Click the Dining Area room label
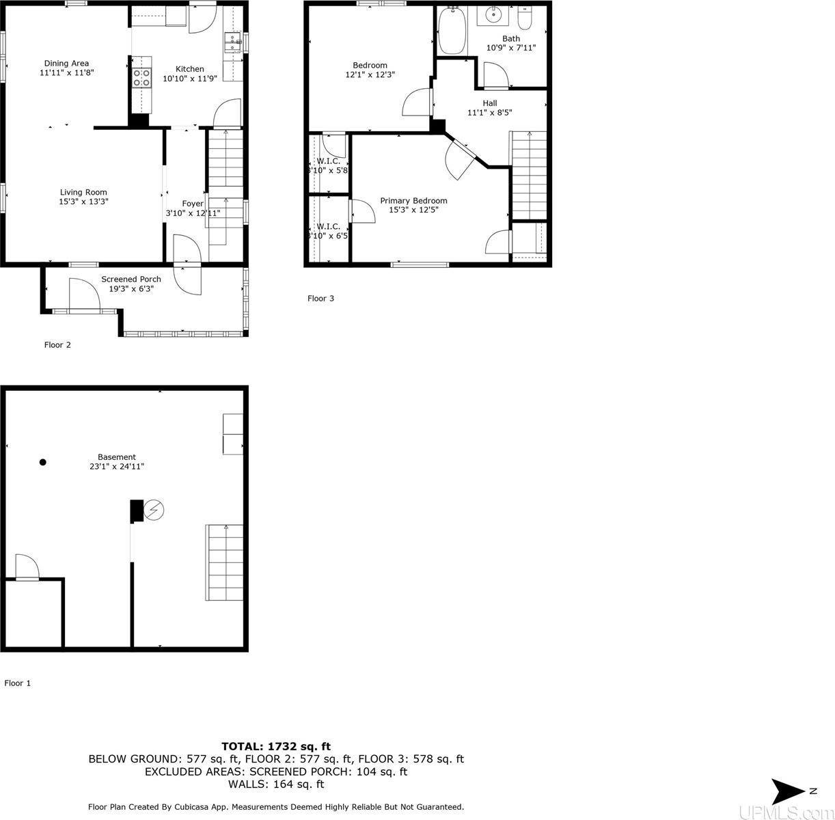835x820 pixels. [x=66, y=64]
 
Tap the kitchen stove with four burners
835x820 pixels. [x=141, y=78]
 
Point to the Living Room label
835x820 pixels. [x=83, y=193]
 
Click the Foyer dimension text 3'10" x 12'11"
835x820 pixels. [x=193, y=213]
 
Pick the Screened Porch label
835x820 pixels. [x=131, y=279]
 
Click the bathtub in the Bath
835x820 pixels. [x=452, y=31]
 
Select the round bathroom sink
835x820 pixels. [x=493, y=14]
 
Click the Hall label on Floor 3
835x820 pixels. [x=489, y=103]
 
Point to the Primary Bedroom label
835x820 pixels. [x=413, y=201]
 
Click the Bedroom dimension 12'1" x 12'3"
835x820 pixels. [x=370, y=75]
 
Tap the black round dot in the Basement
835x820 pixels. [x=42, y=463]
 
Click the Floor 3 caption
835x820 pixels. [x=320, y=299]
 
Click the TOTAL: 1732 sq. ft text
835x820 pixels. [x=276, y=747]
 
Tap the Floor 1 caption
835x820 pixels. [x=18, y=683]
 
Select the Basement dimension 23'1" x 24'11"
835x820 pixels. [x=117, y=467]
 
